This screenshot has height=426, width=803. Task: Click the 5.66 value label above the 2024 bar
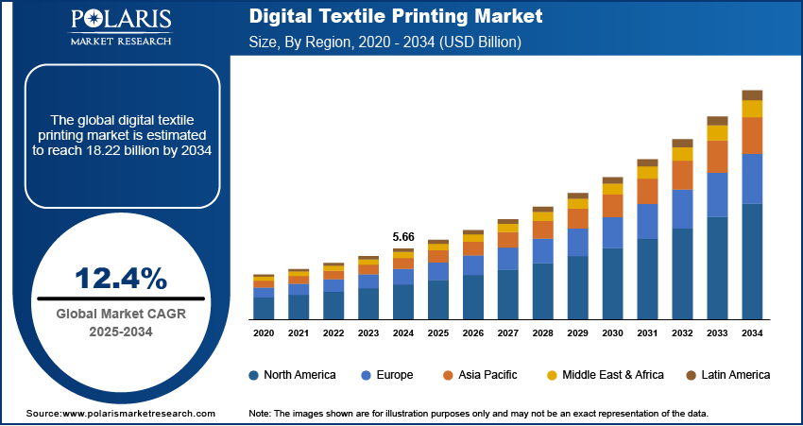(403, 236)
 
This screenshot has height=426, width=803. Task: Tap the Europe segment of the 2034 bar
(752, 179)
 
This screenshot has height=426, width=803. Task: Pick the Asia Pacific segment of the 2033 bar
(718, 157)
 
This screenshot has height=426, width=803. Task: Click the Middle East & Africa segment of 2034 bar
(752, 109)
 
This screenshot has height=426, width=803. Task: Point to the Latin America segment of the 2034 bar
(752, 94)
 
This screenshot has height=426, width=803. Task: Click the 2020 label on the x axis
(264, 333)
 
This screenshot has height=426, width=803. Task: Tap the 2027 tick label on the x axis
(507, 333)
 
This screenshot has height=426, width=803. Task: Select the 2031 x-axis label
(647, 333)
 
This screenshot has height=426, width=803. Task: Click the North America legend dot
(254, 375)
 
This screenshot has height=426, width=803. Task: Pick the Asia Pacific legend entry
(483, 375)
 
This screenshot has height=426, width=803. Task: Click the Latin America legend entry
(726, 375)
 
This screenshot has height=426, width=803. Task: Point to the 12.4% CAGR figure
(121, 279)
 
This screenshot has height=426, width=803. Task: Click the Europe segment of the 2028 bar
(542, 251)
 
